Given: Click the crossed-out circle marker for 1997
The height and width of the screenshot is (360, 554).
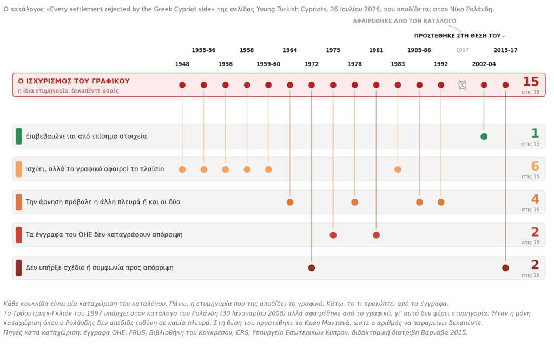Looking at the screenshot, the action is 462,85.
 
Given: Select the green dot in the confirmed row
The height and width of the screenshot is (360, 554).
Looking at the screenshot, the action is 484,136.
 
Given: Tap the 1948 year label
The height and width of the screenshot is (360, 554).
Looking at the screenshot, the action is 182,64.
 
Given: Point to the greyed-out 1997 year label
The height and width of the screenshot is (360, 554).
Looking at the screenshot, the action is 462,50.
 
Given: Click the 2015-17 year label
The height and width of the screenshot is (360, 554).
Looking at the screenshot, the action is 506,50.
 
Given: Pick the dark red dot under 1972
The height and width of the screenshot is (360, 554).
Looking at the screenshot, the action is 312,268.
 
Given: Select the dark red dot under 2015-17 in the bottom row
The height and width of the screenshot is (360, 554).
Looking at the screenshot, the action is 506,268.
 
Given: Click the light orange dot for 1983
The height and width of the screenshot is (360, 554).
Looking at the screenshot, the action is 398,169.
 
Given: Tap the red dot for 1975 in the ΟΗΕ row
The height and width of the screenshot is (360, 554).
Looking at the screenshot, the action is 333,235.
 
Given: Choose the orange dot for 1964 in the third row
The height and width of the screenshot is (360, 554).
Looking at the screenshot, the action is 290,202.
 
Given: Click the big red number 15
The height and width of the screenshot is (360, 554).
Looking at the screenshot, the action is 531,82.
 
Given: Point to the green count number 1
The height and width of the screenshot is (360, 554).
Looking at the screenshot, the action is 535,133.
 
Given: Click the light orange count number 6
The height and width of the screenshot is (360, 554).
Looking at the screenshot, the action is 535,166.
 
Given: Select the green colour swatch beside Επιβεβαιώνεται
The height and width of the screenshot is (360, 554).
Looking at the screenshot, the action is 19,136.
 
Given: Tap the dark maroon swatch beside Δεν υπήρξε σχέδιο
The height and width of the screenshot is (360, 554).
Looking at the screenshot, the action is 19,268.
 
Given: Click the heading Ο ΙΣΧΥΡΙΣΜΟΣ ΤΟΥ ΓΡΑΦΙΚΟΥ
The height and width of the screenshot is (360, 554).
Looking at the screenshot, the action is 74,81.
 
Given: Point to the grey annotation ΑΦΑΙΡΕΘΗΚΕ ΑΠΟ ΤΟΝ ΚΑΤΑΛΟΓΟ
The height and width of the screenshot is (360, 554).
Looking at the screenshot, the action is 405,21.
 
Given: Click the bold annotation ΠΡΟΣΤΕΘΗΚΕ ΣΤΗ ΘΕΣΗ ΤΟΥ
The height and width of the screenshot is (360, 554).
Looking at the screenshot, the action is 458,36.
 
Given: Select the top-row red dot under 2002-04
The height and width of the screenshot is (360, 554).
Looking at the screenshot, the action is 484,85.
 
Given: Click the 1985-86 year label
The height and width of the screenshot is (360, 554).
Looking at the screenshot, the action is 419,50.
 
